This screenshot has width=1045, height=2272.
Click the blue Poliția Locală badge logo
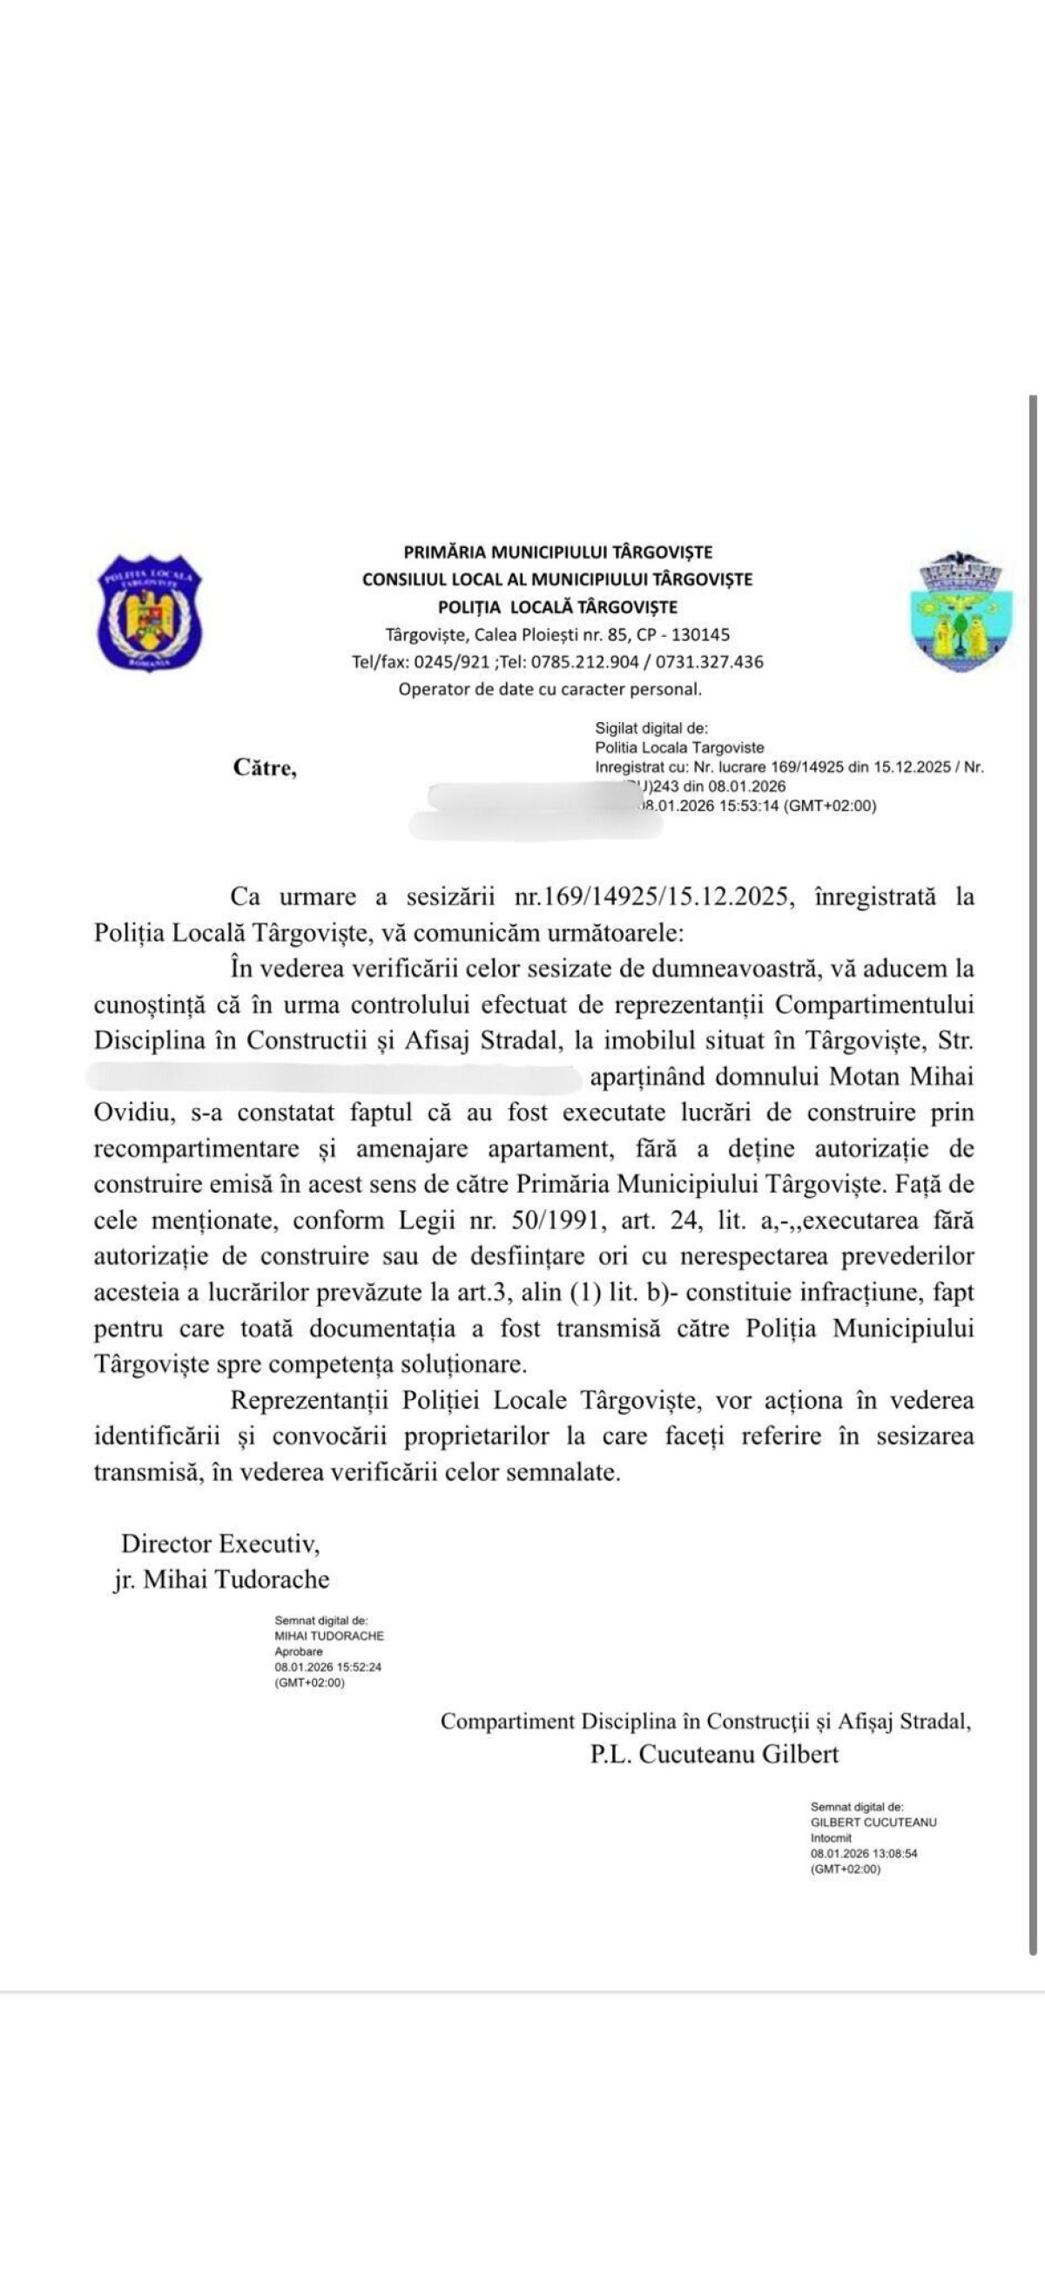[x=149, y=612]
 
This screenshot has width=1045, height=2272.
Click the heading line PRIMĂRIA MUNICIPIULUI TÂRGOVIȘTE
[x=557, y=552]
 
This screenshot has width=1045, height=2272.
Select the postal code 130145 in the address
[x=701, y=634]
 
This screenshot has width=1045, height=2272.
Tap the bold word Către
[x=265, y=767]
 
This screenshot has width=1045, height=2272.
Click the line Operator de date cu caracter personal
[x=549, y=689]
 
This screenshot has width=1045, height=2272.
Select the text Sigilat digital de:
[x=651, y=728]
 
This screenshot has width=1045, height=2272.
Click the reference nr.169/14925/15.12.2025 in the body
[x=654, y=897]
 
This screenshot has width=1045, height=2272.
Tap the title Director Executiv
[x=220, y=1544]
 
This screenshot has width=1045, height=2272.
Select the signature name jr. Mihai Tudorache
[x=221, y=1579]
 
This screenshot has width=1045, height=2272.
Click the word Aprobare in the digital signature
[x=299, y=1651]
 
